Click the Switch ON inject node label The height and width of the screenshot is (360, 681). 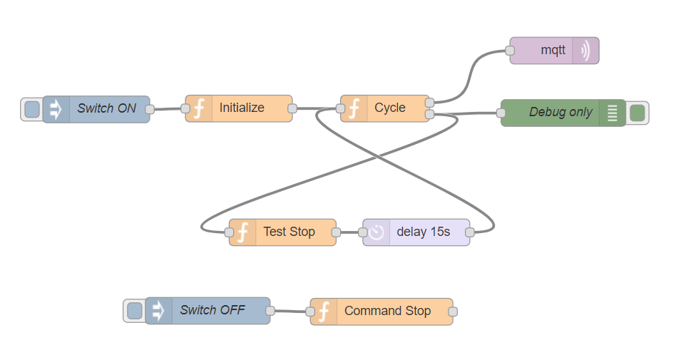tap(107, 109)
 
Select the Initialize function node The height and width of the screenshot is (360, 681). tap(241, 108)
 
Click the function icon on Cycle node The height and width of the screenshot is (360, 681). tap(354, 108)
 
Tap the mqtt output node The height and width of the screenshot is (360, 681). tap(553, 51)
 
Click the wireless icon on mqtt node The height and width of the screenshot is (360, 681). tap(585, 51)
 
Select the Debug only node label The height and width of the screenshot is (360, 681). tap(560, 113)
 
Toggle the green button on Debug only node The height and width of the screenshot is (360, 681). tap(638, 113)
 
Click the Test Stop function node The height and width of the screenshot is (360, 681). tap(288, 232)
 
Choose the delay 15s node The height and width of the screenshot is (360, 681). tap(423, 232)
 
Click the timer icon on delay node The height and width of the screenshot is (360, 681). tap(377, 232)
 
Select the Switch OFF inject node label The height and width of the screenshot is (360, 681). tap(212, 311)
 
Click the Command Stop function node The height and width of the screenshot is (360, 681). tap(386, 312)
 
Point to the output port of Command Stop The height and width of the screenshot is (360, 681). tap(452, 312)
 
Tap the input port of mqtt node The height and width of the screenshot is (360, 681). tap(510, 51)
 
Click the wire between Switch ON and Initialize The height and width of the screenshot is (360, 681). tap(168, 109)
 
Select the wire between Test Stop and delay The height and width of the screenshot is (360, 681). tap(349, 232)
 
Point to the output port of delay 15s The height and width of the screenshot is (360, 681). tap(470, 232)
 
